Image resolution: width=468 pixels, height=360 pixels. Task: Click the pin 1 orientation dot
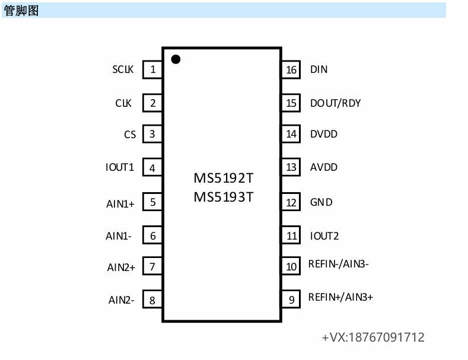coord(176,59)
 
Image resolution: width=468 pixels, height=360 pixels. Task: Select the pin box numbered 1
coord(153,69)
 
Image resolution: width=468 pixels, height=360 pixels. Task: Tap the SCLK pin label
coord(123,69)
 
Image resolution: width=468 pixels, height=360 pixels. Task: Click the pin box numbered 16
coord(291,70)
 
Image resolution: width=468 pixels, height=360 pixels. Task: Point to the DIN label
coord(319,69)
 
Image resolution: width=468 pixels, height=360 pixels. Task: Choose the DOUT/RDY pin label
coord(335,103)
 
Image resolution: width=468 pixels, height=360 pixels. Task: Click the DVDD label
coord(323,134)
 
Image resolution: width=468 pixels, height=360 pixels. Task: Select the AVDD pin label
coord(323,167)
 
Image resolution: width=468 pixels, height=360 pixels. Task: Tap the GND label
coord(321,202)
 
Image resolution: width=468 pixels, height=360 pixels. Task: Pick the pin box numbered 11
coord(291,236)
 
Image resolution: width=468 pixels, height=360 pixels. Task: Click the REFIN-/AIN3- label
coord(339,264)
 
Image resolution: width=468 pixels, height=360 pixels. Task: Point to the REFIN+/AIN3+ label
coord(340,297)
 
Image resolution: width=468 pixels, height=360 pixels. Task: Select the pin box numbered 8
coord(152,300)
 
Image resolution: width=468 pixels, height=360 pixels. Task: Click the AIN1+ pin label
coord(120,204)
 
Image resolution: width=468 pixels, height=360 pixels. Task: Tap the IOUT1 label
coord(120,167)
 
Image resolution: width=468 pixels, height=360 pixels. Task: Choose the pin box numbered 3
coord(152,134)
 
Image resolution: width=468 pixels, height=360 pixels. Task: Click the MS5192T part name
coord(223,179)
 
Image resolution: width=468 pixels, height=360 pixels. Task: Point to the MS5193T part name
coord(223,197)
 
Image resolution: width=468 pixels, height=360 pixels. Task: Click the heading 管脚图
coord(21,10)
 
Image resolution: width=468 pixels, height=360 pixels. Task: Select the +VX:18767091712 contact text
coord(373,337)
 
